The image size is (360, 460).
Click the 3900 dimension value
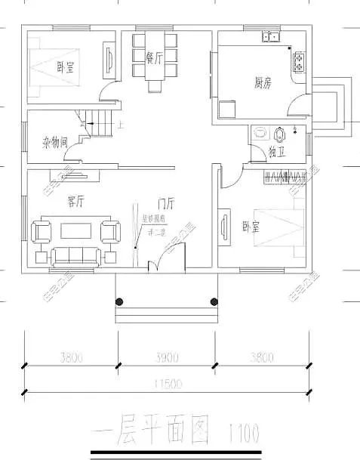(x=167, y=357)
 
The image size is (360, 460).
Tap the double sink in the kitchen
(x=269, y=36)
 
